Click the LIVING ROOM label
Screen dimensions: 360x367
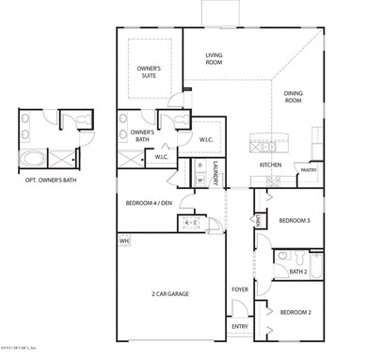(214, 58)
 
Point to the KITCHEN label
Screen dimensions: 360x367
(271, 165)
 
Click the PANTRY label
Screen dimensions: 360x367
(309, 171)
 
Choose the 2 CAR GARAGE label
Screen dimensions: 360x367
(170, 294)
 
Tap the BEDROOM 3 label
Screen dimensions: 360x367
(295, 221)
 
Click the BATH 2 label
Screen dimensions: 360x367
(298, 272)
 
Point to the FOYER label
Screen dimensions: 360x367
(240, 290)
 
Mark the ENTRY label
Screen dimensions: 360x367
(240, 327)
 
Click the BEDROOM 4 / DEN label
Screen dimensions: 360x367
(149, 203)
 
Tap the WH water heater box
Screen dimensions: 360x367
(124, 242)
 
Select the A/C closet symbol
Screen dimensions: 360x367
(189, 223)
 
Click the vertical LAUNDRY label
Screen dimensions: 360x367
(215, 174)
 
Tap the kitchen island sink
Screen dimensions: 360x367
(266, 146)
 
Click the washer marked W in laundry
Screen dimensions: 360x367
(200, 180)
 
